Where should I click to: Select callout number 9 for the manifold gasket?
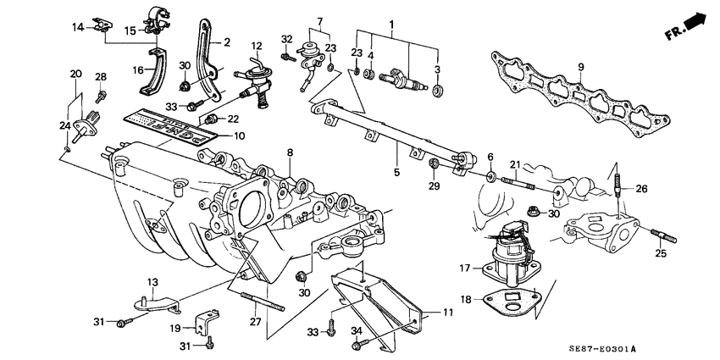click(x=581, y=67)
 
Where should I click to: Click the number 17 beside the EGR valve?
click(x=463, y=269)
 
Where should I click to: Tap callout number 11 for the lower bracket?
click(x=449, y=313)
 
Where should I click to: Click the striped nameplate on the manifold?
click(x=169, y=123)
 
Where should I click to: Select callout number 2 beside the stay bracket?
click(x=227, y=42)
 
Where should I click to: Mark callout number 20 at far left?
click(x=76, y=74)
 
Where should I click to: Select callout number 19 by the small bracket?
click(x=174, y=329)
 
